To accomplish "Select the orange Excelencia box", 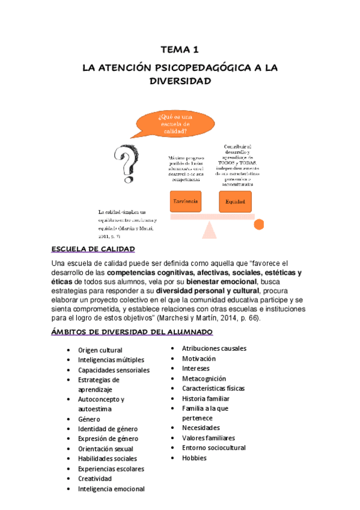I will coord(185,201).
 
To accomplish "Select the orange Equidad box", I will coord(235,201).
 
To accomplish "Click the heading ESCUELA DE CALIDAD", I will coord(93,249).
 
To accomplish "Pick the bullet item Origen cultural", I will coord(100,350).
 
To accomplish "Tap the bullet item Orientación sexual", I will coord(105,449).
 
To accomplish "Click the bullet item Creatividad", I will coord(95,478).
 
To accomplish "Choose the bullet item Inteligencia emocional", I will coord(111,488).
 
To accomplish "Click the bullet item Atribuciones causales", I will coord(214,348).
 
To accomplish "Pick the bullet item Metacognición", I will coord(204,378).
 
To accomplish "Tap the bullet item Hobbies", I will coord(194,458).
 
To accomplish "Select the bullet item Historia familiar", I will coord(206,398).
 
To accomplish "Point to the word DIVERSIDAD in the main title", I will coord(180,80).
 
